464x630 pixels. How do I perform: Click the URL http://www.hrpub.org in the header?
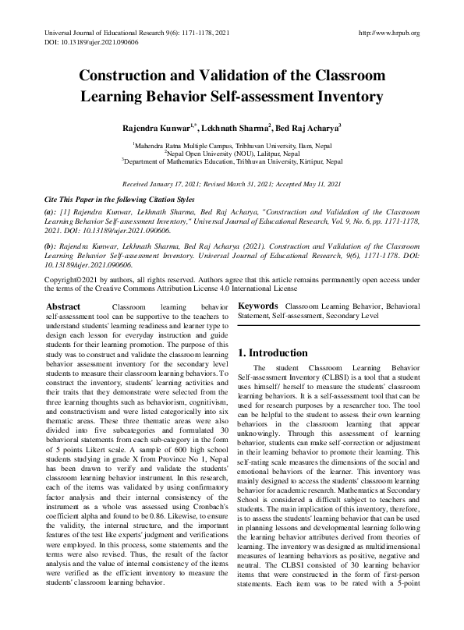click(388, 33)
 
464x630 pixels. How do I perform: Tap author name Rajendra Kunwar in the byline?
click(152, 127)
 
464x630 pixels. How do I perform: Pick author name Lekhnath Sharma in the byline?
click(236, 127)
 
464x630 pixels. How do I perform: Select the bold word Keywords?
click(259, 306)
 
